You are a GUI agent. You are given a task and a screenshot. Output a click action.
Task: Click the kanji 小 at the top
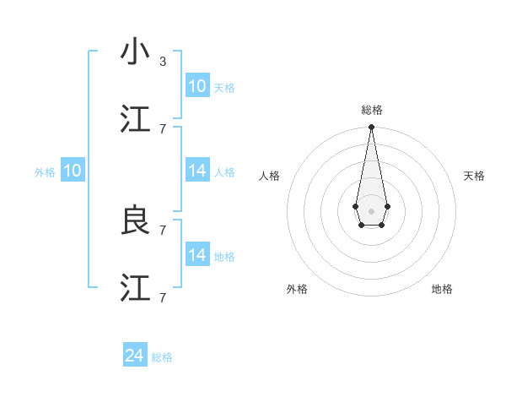click(x=135, y=52)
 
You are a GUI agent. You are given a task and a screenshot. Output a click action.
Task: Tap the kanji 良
click(x=135, y=220)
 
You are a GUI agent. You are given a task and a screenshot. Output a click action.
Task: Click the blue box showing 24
click(x=135, y=356)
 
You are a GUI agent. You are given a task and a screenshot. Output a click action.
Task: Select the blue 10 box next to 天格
click(x=196, y=86)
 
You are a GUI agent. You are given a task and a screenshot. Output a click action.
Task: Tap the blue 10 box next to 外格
click(x=73, y=171)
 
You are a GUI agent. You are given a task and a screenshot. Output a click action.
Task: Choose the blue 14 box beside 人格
click(x=196, y=171)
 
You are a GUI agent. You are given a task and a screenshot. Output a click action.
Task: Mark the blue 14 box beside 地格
click(x=196, y=255)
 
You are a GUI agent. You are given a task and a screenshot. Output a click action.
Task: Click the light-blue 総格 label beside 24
click(x=162, y=358)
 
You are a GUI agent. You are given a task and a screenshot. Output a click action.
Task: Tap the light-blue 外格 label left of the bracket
click(x=45, y=172)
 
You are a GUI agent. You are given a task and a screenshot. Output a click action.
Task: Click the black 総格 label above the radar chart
click(x=371, y=110)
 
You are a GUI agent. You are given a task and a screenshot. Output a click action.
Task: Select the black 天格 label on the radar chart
click(x=474, y=176)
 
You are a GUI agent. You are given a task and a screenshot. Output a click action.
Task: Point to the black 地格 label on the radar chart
click(x=442, y=289)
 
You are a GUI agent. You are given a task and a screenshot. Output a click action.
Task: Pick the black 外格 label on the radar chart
click(x=297, y=289)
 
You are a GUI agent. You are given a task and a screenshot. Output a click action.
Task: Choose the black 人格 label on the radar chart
click(x=270, y=176)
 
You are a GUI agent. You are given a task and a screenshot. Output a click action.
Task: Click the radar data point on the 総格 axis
click(x=371, y=128)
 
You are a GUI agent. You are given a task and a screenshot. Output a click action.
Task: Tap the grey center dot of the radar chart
click(x=371, y=210)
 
